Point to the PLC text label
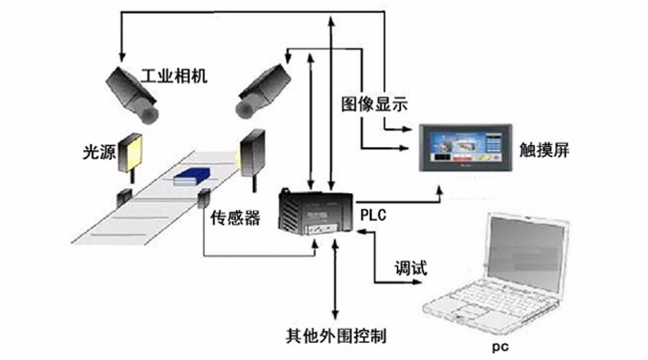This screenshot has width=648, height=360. [372, 213]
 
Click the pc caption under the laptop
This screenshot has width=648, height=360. [500, 347]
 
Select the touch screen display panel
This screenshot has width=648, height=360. [465, 145]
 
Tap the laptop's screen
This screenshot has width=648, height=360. [524, 255]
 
